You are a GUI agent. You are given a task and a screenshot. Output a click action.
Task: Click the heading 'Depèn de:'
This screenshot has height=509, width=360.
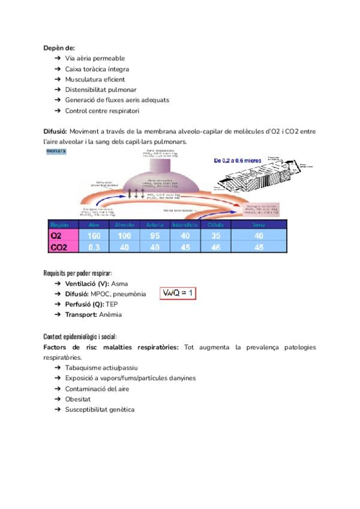59,47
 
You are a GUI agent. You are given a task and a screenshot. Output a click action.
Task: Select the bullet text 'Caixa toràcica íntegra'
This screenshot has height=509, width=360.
97,69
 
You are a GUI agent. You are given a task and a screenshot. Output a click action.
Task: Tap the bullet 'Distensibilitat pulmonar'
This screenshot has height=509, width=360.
100,90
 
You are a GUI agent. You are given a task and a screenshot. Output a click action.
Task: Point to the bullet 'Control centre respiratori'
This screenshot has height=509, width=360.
102,111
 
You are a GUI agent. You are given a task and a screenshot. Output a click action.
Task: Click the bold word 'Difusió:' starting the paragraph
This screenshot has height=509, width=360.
55,131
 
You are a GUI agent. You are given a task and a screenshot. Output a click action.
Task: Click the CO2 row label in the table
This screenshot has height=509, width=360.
59,247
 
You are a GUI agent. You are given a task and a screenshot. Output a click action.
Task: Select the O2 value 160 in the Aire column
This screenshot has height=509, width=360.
94,236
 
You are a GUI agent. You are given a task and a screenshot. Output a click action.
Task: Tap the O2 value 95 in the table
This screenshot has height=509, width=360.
154,236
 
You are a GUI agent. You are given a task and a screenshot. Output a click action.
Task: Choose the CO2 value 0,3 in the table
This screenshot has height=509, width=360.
94,247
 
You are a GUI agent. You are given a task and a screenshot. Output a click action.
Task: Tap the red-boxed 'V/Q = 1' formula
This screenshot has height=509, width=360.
178,294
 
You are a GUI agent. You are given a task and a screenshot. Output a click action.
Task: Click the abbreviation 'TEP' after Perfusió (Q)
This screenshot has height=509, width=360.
112,304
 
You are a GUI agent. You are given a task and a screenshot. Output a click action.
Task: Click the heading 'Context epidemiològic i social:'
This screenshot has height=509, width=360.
80,336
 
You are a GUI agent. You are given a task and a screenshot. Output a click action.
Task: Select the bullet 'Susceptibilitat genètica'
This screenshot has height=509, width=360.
100,409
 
